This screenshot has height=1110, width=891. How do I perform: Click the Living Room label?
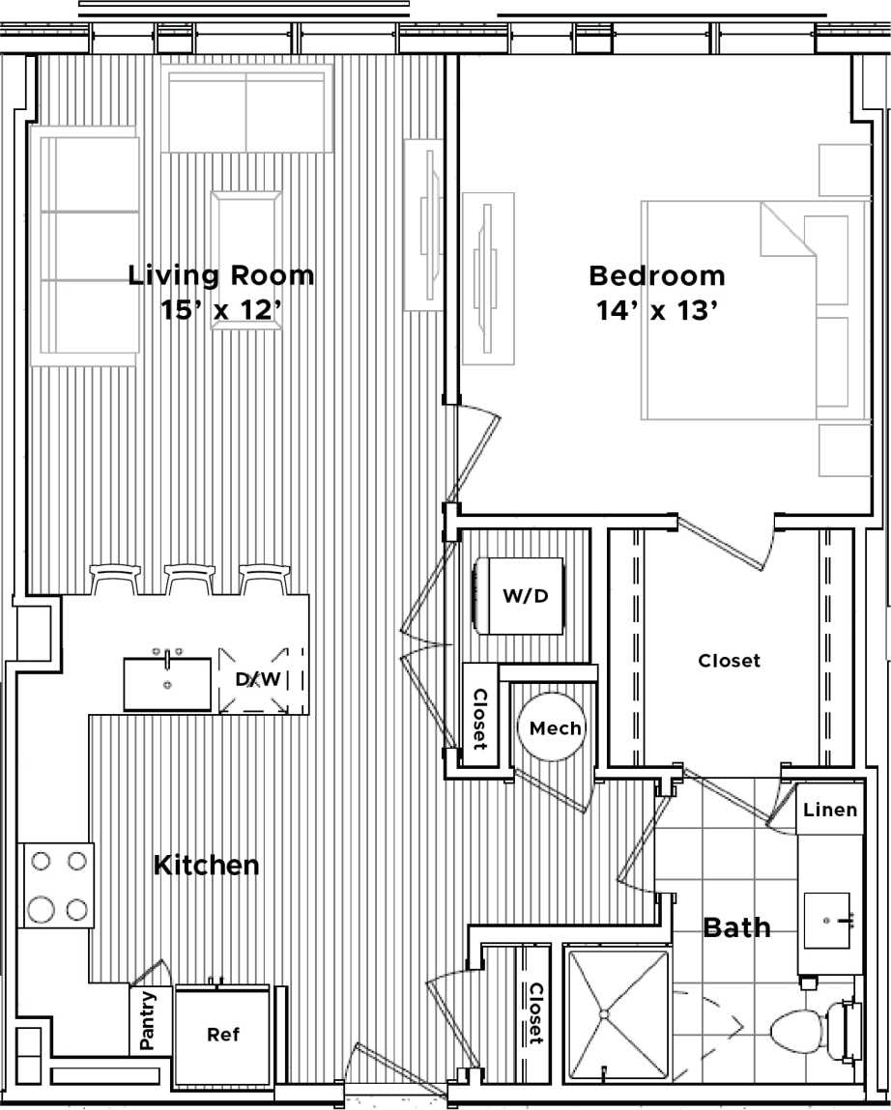point(221,275)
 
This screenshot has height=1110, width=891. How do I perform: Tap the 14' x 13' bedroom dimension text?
point(657,311)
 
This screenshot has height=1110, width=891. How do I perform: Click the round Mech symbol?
point(555,727)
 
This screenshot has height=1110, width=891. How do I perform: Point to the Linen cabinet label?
point(830,810)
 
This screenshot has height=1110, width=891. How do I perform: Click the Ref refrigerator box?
point(222,1035)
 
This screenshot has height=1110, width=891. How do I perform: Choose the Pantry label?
point(148,1022)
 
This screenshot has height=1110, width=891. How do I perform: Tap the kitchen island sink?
point(167,684)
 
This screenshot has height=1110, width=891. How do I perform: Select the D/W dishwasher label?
point(258,679)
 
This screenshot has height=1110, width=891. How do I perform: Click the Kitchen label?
point(206,865)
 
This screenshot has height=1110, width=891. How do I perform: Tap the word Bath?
point(736,928)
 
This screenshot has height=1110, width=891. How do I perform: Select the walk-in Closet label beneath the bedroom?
point(729,661)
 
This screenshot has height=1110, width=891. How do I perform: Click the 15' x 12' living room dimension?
point(221,311)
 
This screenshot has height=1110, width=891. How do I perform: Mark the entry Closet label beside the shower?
point(534,1012)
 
